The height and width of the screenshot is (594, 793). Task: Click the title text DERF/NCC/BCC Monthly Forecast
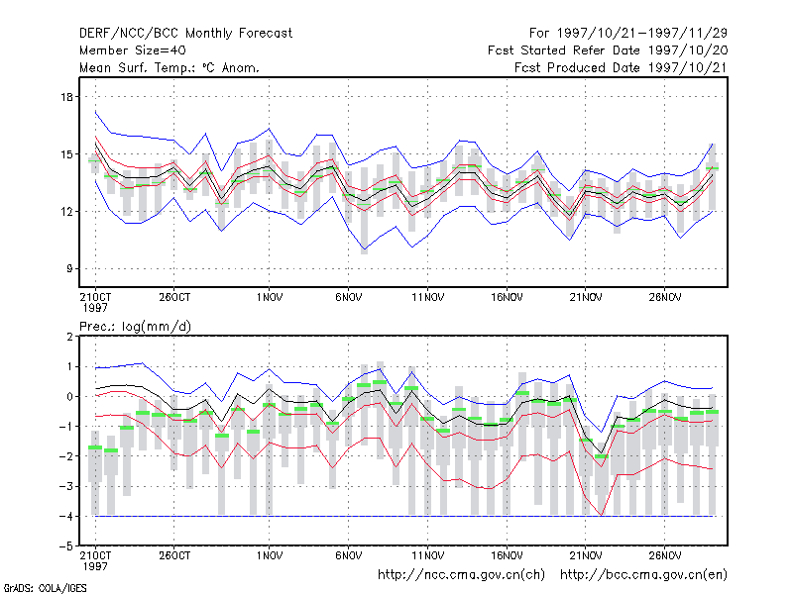[x=186, y=33]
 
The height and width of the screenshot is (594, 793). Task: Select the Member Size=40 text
[x=132, y=50]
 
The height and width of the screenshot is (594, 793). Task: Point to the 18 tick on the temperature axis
[x=66, y=97]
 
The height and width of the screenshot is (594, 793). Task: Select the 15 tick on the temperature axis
[x=66, y=154]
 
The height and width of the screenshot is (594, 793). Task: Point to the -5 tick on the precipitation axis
[x=65, y=546]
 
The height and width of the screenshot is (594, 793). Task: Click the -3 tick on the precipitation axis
[x=65, y=487]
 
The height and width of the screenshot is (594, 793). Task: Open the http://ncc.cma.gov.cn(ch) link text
[x=461, y=574]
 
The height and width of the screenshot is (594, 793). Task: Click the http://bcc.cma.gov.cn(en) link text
[x=643, y=574]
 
